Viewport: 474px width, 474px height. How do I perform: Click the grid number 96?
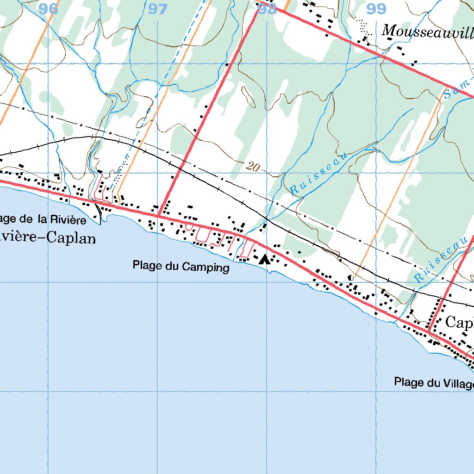click(x=49, y=8)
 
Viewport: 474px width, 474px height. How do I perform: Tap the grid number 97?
click(x=158, y=9)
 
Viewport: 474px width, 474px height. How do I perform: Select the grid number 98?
click(x=267, y=9)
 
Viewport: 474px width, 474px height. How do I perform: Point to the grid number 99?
click(x=376, y=8)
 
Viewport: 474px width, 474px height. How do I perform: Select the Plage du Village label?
click(x=434, y=382)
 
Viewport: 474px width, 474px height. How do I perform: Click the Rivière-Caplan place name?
click(x=48, y=238)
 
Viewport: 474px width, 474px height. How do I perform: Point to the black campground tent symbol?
click(x=265, y=259)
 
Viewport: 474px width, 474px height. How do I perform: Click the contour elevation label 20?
click(x=253, y=167)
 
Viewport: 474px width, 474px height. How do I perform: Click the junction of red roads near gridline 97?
click(x=158, y=215)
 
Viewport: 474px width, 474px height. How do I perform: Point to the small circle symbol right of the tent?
click(x=350, y=277)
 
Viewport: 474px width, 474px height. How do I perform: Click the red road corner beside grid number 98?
click(x=257, y=10)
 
